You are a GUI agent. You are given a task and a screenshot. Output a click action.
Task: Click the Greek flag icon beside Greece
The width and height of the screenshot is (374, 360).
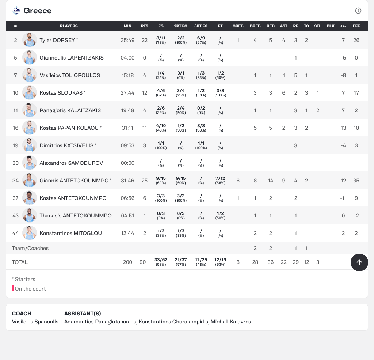(x=16, y=11)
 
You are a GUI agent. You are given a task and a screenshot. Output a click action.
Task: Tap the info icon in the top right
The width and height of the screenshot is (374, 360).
(x=358, y=11)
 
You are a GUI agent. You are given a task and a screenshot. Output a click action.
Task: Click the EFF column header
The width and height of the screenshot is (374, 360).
(x=356, y=26)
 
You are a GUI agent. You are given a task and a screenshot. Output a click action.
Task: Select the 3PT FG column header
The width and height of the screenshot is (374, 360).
(x=201, y=26)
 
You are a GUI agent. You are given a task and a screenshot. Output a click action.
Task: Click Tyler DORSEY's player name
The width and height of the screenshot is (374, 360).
(x=57, y=40)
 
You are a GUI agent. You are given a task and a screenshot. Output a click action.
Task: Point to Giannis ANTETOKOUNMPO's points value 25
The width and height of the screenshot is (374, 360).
(x=145, y=181)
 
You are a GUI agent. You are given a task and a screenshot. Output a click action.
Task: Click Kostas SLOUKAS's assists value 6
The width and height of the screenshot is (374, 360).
(x=283, y=93)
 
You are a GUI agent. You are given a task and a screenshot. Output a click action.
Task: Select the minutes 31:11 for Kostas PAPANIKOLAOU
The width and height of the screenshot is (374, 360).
(x=127, y=128)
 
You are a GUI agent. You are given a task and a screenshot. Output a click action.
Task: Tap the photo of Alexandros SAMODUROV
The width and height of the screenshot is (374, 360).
(x=30, y=163)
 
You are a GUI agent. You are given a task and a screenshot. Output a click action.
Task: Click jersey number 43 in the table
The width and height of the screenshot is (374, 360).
(x=15, y=216)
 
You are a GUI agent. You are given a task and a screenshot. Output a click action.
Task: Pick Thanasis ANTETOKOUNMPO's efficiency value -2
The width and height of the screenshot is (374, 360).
(x=356, y=216)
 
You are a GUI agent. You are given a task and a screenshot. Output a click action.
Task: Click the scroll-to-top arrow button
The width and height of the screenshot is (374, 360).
(x=359, y=262)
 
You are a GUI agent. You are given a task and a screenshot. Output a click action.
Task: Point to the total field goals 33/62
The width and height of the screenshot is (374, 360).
(x=161, y=262)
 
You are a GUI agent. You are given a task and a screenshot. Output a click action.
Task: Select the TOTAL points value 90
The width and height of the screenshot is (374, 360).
(x=143, y=262)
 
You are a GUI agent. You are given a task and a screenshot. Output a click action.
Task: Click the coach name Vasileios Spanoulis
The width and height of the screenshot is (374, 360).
(x=35, y=322)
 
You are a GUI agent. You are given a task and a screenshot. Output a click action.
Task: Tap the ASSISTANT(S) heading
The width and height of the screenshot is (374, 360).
(x=83, y=314)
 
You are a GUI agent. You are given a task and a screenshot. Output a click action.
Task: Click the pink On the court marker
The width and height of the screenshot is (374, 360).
(x=13, y=288)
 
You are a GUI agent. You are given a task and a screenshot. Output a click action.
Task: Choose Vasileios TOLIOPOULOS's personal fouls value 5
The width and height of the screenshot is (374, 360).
(x=295, y=75)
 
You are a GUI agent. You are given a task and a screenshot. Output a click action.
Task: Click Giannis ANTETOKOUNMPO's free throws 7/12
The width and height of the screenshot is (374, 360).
(x=220, y=180)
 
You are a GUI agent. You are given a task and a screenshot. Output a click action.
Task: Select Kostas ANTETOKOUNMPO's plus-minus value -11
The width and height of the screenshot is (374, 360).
(x=343, y=198)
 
